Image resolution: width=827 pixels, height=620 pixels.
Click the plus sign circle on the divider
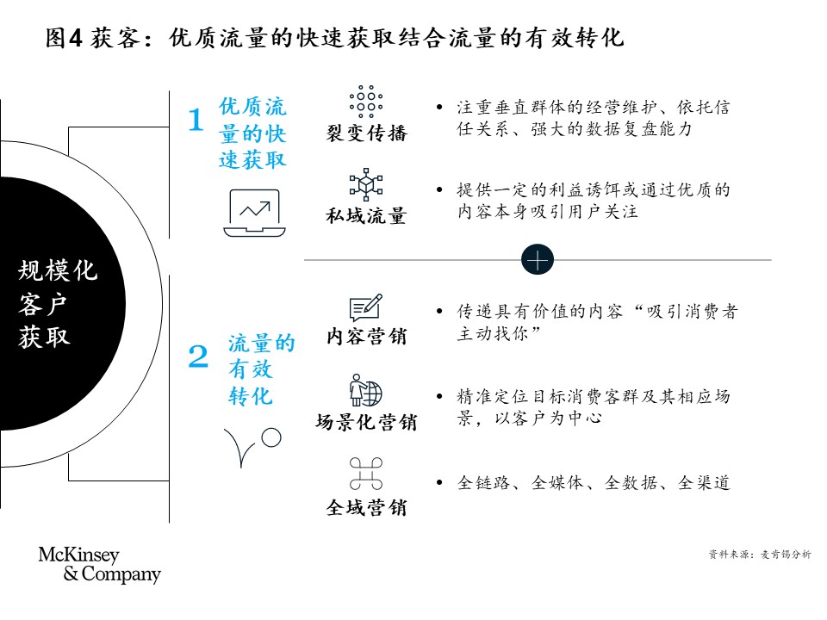[537, 260]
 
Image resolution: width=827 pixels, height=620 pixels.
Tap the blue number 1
[196, 120]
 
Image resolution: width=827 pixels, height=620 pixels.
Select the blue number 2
[198, 356]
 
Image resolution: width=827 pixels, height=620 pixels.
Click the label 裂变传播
[367, 133]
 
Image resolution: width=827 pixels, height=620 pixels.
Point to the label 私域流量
[367, 215]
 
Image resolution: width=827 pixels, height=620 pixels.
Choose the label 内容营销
[367, 336]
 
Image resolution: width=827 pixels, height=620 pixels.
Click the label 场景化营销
[367, 422]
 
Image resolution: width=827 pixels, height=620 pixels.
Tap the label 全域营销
[367, 507]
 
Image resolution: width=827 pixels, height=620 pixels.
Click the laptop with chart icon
[254, 213]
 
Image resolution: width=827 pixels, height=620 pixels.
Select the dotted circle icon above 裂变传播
[366, 102]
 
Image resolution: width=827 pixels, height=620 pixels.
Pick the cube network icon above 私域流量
[366, 184]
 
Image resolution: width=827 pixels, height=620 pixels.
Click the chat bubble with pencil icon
[365, 307]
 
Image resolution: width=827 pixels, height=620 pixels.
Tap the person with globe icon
[365, 390]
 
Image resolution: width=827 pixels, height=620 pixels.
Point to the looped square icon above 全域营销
[366, 474]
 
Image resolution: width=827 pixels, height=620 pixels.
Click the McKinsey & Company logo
[100, 564]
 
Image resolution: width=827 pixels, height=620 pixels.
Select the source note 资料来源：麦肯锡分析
[760, 554]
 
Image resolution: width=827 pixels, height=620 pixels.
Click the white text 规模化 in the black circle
[58, 270]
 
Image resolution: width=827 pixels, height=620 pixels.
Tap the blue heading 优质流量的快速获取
[252, 133]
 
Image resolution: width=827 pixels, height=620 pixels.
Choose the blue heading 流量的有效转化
[261, 369]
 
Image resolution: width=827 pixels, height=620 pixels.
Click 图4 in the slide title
[64, 38]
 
